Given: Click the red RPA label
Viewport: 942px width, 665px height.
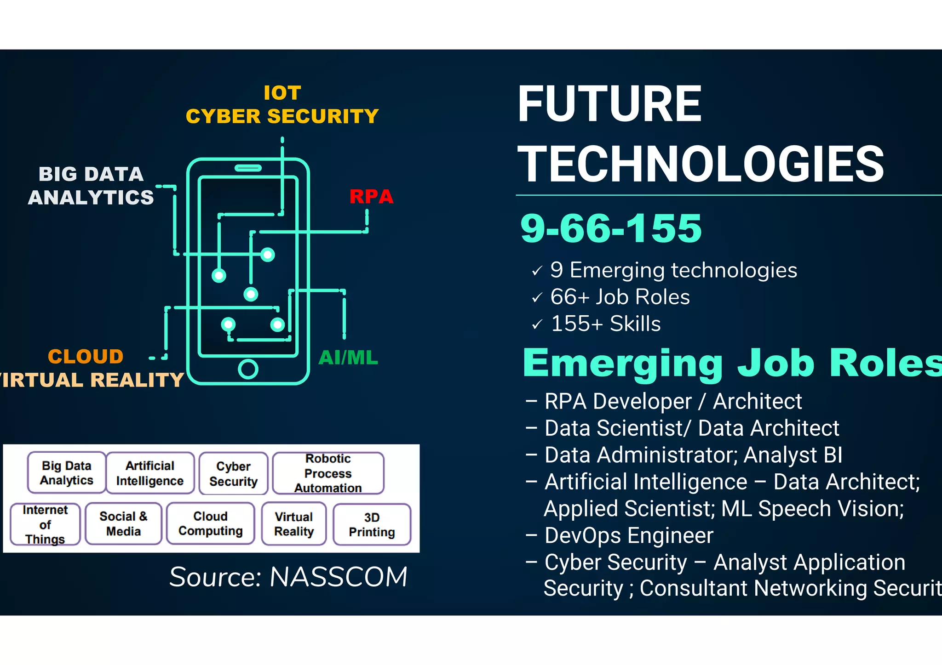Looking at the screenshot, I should click(371, 197).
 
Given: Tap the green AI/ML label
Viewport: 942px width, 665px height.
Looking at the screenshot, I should click(348, 358).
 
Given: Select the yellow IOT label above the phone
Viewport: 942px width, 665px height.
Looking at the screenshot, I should click(282, 93).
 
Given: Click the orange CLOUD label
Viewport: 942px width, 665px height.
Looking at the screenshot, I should click(86, 357).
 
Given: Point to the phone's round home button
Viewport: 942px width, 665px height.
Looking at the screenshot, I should click(248, 369).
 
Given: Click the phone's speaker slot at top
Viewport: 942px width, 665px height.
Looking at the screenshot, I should click(248, 168).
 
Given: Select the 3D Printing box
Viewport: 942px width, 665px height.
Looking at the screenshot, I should click(372, 524).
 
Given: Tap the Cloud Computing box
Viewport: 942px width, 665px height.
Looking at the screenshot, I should click(211, 523).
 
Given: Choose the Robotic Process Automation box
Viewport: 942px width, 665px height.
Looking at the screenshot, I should click(328, 473).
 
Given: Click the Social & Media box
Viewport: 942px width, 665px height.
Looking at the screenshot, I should click(123, 523).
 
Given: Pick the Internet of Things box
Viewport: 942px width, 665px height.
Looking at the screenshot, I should click(45, 524).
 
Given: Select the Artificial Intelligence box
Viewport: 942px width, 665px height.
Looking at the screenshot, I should click(150, 473).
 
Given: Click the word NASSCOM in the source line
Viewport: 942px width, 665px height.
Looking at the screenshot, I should click(339, 577).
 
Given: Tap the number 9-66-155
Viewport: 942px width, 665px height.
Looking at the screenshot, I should click(611, 228).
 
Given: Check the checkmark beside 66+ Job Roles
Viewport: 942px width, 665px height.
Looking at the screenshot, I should click(537, 298).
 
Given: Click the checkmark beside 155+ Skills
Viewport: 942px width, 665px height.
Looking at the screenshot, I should click(537, 325).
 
